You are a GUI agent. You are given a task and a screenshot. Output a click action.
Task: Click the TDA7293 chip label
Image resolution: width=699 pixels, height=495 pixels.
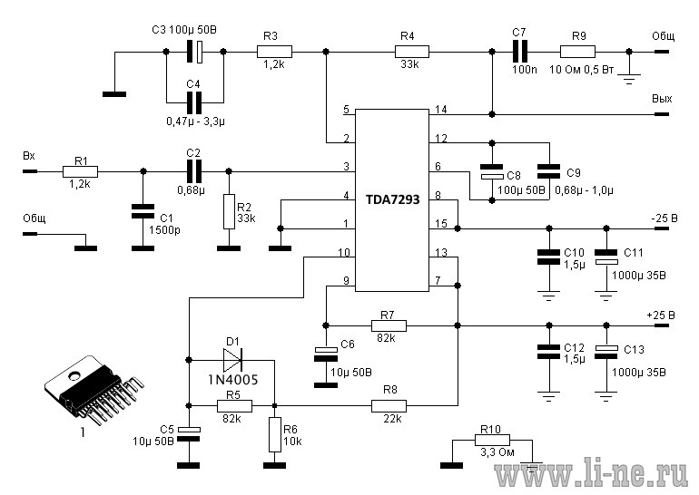(393, 199)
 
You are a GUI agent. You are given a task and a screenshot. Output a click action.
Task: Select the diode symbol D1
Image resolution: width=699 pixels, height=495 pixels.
(232, 359)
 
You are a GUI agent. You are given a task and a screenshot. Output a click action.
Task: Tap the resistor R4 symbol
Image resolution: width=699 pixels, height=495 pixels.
(412, 52)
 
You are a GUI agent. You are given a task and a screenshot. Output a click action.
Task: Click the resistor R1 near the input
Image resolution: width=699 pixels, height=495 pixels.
(80, 171)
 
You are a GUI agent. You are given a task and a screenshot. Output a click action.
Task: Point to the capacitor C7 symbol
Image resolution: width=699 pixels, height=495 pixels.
(520, 52)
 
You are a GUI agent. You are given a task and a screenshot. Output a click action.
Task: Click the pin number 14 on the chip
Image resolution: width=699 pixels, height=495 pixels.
(440, 109)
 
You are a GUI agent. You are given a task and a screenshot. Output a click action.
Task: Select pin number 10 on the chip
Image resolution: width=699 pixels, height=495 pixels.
(344, 252)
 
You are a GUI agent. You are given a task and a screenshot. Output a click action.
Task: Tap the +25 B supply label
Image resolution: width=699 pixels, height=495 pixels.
(661, 315)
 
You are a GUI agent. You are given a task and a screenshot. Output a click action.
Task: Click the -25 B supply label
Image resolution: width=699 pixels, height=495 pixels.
(665, 218)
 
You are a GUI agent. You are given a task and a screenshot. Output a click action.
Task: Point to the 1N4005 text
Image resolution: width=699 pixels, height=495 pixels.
(233, 380)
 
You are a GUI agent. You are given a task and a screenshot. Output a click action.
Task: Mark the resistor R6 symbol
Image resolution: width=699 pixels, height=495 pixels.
(274, 434)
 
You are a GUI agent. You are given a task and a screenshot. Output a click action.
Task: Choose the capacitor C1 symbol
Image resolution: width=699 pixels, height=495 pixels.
(143, 211)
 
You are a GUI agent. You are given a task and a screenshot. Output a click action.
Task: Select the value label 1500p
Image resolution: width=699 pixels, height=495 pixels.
(164, 230)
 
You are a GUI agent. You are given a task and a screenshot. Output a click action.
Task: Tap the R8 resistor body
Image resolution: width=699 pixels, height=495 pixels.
(389, 406)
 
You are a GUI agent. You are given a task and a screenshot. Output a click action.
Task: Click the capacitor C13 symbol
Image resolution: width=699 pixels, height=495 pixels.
(606, 352)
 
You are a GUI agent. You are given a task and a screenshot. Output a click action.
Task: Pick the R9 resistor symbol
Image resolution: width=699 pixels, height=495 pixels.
(577, 52)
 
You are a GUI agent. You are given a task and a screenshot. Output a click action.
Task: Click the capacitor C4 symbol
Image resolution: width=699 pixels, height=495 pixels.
(193, 102)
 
